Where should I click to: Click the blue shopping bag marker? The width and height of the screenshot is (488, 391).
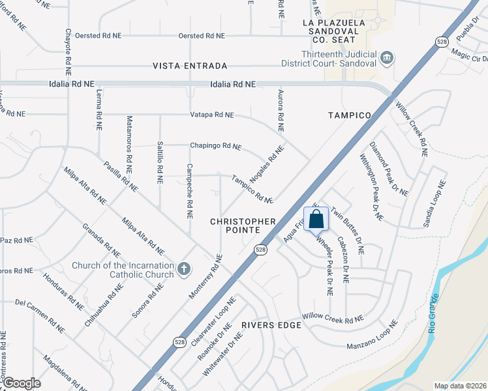[316, 220]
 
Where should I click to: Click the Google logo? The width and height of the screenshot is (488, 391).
[21, 383]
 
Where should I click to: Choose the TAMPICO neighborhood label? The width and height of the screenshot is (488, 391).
[349, 115]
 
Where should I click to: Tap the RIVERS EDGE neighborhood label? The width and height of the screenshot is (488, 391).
[270, 325]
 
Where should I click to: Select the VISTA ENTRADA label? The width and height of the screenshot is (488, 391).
[190, 66]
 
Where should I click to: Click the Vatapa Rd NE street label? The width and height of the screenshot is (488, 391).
[211, 115]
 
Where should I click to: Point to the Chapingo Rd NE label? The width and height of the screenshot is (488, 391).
[215, 146]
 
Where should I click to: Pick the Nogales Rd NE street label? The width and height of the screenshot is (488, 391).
[267, 163]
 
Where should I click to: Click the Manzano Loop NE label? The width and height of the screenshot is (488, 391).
[372, 335]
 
